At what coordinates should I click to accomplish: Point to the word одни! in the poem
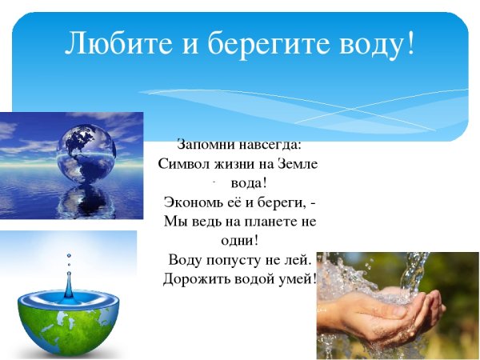point(241,240)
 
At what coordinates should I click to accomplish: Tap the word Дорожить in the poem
point(194,279)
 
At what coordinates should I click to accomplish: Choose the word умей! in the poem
point(295,279)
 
